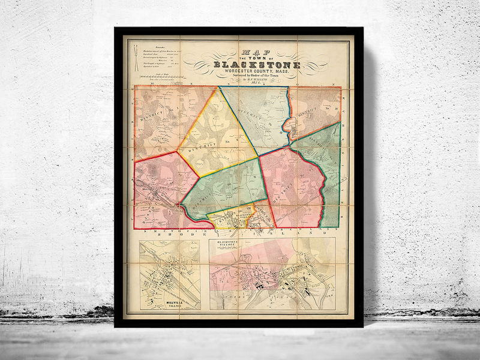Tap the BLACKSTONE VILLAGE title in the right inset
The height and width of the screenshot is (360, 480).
pyautogui.click(x=229, y=245)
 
